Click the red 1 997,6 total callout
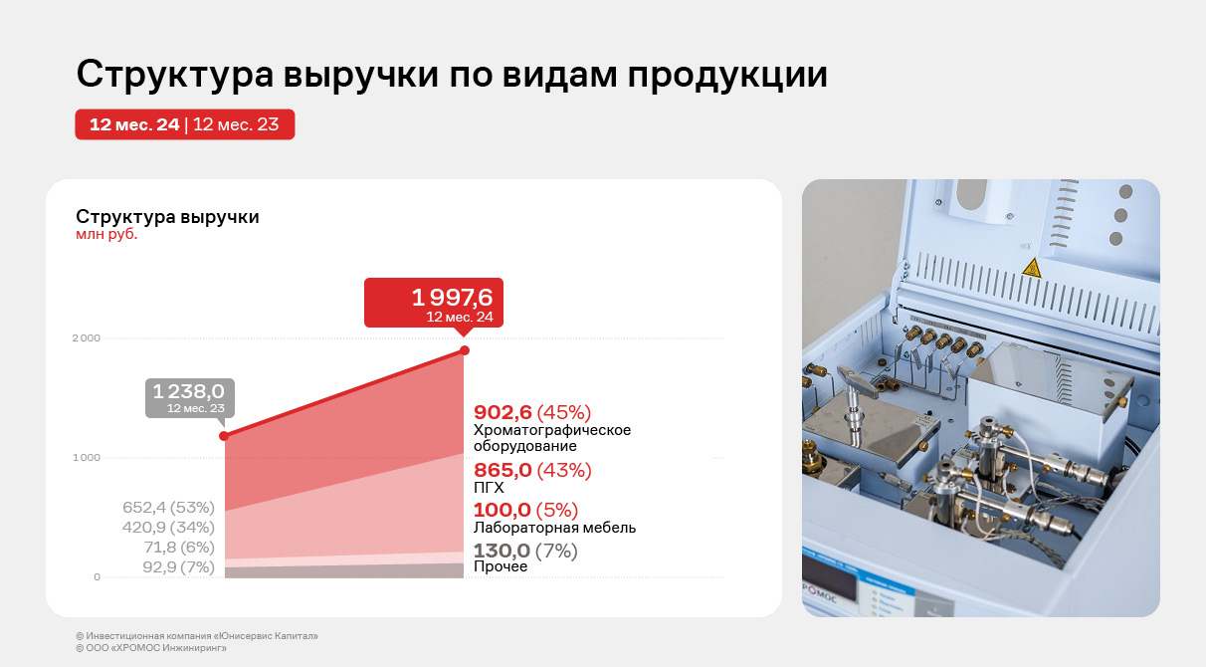(x=434, y=303)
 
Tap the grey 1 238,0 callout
(x=190, y=397)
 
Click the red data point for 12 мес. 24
(x=465, y=350)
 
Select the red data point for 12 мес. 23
(x=224, y=436)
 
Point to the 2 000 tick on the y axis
(x=87, y=337)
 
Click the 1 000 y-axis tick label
(x=87, y=457)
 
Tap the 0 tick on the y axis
(x=97, y=577)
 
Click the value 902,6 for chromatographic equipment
(x=502, y=412)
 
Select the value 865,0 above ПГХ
(x=502, y=470)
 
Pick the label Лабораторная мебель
(x=554, y=528)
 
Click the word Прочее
(x=501, y=566)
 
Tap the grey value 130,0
(x=502, y=551)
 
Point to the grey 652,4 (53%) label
(x=168, y=507)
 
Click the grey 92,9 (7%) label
(x=179, y=566)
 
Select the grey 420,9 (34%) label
(x=168, y=527)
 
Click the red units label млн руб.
(x=106, y=234)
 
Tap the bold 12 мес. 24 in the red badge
(x=134, y=124)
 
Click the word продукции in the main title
(x=727, y=75)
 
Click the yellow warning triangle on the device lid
(x=1032, y=269)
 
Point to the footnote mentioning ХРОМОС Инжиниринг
(x=151, y=648)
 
